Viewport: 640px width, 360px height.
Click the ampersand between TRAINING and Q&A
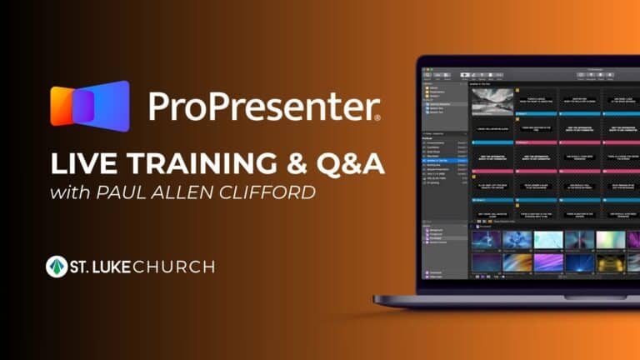click(305, 164)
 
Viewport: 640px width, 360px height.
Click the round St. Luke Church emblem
click(57, 267)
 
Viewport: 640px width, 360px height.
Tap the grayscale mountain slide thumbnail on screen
click(491, 101)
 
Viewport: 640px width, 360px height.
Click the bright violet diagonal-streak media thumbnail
click(547, 262)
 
